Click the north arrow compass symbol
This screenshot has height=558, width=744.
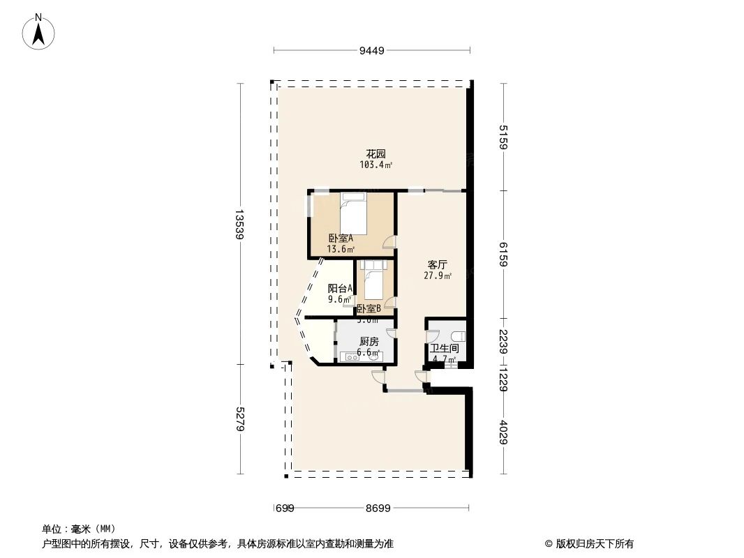click(40, 32)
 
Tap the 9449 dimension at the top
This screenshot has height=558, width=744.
click(371, 50)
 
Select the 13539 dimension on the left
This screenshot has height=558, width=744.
click(239, 225)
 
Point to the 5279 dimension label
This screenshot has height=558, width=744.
click(239, 420)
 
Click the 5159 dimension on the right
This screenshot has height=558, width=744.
click(504, 137)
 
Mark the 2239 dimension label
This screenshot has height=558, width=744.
click(504, 342)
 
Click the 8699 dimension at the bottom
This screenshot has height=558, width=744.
click(378, 508)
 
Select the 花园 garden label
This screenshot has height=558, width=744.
click(376, 154)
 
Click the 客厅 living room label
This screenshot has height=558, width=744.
click(437, 265)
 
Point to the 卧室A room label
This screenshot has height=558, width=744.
click(341, 239)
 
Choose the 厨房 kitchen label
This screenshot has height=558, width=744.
click(369, 342)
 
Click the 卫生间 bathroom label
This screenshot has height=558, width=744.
click(444, 348)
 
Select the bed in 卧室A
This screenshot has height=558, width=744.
click(353, 206)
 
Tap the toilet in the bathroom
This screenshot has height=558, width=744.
click(456, 335)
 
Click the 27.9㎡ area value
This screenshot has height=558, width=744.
click(437, 276)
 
